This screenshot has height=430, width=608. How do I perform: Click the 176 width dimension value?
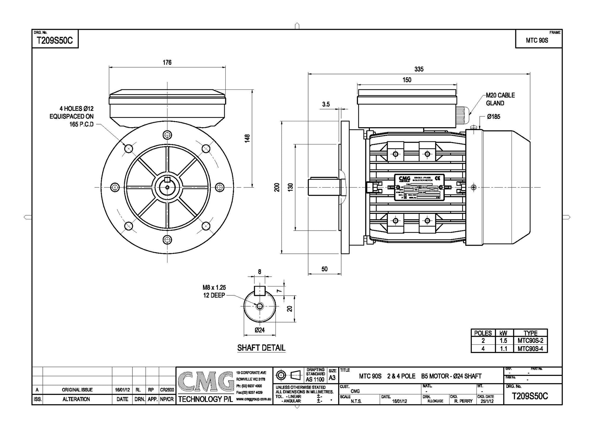click(x=167, y=62)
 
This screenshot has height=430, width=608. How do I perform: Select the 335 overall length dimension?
click(x=419, y=69)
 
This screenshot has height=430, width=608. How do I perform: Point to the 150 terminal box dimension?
click(x=407, y=80)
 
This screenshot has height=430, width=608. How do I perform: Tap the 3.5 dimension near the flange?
click(x=326, y=104)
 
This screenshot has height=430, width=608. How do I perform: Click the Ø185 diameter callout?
click(x=493, y=117)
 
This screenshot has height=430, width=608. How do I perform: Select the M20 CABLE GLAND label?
click(x=500, y=99)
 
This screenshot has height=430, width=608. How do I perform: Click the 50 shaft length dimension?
click(x=324, y=269)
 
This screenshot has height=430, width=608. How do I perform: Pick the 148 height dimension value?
click(x=247, y=138)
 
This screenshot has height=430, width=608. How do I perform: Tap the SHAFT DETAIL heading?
click(x=261, y=348)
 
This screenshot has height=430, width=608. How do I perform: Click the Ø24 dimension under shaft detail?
click(x=259, y=330)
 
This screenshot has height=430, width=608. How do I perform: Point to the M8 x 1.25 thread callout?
click(x=214, y=287)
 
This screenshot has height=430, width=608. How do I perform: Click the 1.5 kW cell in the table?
click(x=503, y=341)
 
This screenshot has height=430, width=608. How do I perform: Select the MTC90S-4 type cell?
click(x=530, y=349)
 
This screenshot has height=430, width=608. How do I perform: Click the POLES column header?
click(x=483, y=333)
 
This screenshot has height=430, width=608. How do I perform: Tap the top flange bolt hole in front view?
click(x=167, y=134)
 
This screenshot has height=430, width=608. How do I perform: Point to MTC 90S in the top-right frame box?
click(x=537, y=41)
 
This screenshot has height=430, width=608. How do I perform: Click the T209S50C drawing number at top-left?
click(x=54, y=41)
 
